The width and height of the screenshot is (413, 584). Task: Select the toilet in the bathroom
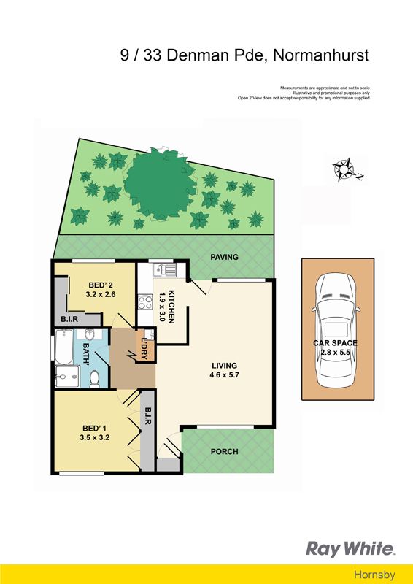pos(95,379)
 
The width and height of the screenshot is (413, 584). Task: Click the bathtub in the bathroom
pos(63,347)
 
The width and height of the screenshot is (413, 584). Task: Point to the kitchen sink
pos(164,269)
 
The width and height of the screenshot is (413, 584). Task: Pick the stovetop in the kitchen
pos(145,301)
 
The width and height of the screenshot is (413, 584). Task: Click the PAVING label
pos(224,257)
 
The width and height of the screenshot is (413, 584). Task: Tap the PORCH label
pos(224,451)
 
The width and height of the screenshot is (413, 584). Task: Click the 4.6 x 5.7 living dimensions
pos(224,375)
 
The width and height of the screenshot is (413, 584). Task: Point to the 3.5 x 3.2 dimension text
pos(94,437)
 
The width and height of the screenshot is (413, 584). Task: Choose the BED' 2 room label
pos(101,285)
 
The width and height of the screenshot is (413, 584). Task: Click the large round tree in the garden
pos(160,185)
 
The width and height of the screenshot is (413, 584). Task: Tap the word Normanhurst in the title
pos(321,55)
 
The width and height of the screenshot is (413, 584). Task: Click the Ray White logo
pos(350,549)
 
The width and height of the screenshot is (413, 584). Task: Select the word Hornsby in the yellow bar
pos(374,575)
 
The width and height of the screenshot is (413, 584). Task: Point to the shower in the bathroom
pos(67,377)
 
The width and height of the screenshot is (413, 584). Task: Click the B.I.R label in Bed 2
pos(69,320)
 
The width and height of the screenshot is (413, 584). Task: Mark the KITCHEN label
pos(171,306)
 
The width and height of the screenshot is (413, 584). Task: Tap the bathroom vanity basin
pos(89,334)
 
